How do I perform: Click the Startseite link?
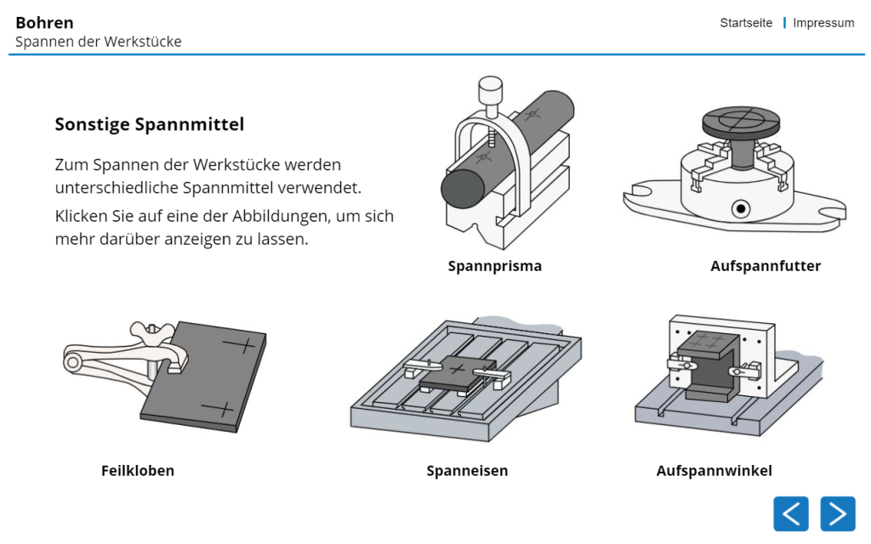coord(746,23)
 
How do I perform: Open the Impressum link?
coord(823,23)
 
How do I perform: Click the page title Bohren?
coord(44,22)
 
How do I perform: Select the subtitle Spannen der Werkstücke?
coord(98,42)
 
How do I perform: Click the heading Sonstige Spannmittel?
coord(149,124)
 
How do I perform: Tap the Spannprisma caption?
coord(494,266)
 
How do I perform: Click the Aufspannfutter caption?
coord(766,266)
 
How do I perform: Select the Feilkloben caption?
coord(137,470)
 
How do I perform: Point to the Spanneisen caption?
coord(467,470)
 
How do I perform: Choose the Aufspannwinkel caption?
coord(714,470)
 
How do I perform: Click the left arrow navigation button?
coord(790,513)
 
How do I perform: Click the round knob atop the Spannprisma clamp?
coord(489,87)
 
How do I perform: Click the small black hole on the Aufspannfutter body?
coord(742,208)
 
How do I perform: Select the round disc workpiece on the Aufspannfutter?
coord(740,121)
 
